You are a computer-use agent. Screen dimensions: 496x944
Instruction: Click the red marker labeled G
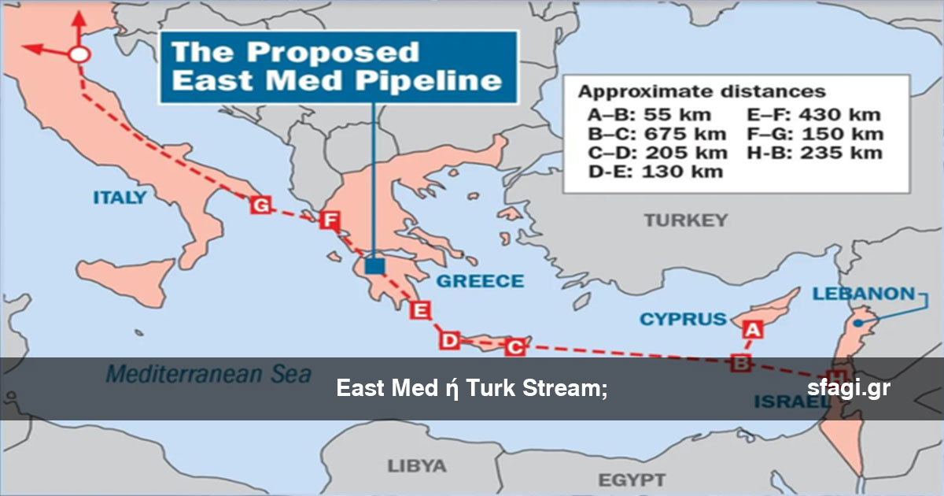(x=260, y=205)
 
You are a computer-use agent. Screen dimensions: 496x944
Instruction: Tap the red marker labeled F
(x=329, y=221)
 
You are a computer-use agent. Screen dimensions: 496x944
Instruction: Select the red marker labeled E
(x=421, y=310)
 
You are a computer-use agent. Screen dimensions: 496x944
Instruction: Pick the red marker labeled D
(x=449, y=340)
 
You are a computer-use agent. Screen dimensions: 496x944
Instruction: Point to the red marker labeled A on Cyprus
(x=752, y=330)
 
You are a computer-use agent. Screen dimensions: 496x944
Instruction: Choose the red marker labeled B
(x=740, y=362)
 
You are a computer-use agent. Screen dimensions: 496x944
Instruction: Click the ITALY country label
(x=120, y=198)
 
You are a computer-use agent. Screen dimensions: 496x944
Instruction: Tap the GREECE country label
(x=480, y=281)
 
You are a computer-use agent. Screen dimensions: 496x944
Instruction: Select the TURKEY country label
(x=686, y=220)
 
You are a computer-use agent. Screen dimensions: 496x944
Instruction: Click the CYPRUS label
(x=683, y=319)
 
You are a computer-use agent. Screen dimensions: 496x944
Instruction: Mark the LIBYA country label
(x=417, y=465)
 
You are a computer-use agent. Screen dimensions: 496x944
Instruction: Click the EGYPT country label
(x=632, y=479)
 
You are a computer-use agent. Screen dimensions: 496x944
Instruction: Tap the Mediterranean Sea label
(x=208, y=373)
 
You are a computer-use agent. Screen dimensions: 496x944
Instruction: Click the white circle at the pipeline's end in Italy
(x=78, y=55)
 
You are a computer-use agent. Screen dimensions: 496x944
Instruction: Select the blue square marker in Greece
(x=375, y=265)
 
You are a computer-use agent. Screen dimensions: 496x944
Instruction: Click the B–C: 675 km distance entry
(x=654, y=134)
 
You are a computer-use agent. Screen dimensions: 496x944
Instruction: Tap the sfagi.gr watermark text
(x=848, y=388)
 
